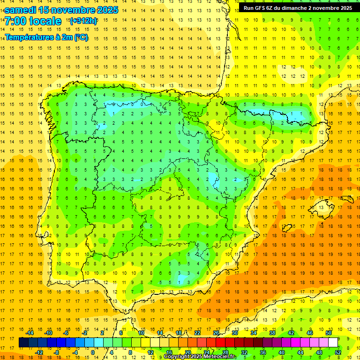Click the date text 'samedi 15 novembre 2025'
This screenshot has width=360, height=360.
(x=61, y=10)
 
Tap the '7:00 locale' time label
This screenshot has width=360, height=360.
(x=33, y=21)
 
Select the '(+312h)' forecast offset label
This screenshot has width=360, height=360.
(x=83, y=21)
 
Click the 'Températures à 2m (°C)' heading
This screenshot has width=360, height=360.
(x=46, y=37)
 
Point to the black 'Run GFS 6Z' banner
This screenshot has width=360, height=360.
(x=298, y=8)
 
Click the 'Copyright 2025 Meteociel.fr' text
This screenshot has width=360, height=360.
(x=200, y=357)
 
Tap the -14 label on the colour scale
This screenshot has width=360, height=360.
(x=30, y=332)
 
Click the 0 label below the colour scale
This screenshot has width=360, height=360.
(x=93, y=352)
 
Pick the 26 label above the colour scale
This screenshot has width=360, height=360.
(x=216, y=332)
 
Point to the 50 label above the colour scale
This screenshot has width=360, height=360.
(x=329, y=332)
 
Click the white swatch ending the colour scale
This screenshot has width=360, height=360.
(x=333, y=342)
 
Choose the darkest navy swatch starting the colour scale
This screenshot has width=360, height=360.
(x=23, y=342)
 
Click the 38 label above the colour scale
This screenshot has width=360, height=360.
(x=272, y=332)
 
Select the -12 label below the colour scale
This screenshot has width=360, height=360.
(x=39, y=352)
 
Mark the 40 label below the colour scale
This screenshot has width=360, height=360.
(x=282, y=352)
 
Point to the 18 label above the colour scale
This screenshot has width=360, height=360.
(x=178, y=332)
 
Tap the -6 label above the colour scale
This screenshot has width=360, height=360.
(x=67, y=332)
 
